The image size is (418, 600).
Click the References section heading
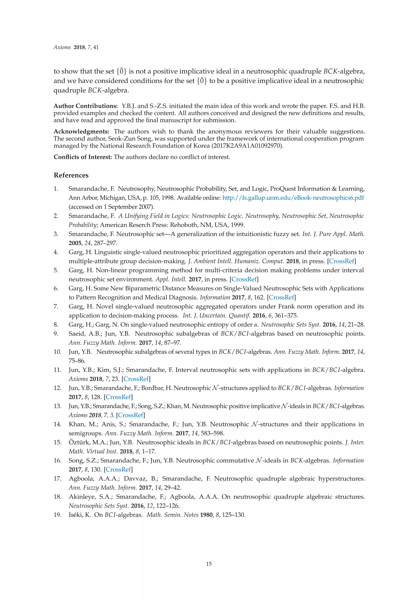[x=71, y=175]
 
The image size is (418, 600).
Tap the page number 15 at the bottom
[x=209, y=564]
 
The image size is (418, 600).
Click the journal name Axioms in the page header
[x=62, y=47]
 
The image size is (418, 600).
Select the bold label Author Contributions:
[x=86, y=106]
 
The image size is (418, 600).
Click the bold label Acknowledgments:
[x=81, y=131]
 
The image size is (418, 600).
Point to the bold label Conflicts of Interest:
[x=83, y=157]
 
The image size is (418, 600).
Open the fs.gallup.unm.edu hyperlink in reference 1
[x=293, y=198]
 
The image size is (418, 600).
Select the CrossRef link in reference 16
[x=118, y=470]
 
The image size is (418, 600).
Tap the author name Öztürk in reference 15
[x=79, y=442]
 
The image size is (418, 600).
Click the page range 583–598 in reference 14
[x=212, y=433]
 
